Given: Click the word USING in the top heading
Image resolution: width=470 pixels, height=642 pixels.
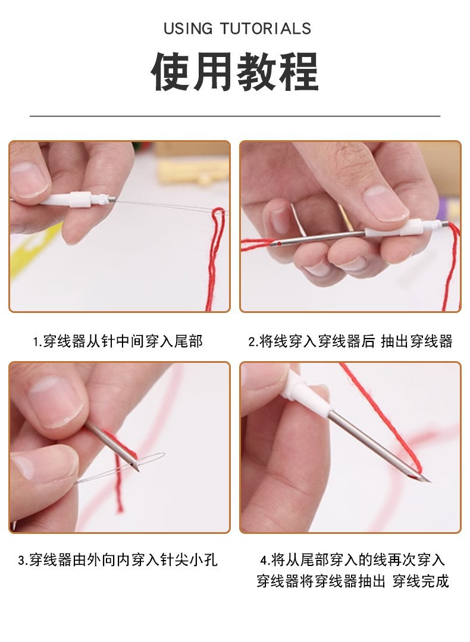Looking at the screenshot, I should pos(187,29).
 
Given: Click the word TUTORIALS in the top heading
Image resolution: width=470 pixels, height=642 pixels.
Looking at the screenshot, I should pos(265,29).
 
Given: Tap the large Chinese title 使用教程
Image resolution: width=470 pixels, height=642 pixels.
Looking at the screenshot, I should pos(234,72).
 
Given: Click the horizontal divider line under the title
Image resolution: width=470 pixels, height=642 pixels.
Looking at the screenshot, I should pos(234,116).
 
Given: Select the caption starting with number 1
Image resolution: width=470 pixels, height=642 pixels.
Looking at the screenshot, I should pos(117,341).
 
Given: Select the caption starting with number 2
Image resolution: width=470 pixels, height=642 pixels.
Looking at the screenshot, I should pos(350,341).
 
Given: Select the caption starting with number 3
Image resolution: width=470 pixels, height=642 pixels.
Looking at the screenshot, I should pos(117,560).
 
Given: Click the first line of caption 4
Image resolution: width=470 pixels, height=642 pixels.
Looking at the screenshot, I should pos(352,560).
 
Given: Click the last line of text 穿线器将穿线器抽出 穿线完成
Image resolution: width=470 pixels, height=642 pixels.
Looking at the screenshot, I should pos(352,581).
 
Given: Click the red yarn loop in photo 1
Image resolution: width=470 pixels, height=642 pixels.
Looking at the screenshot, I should pos(217,249).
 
